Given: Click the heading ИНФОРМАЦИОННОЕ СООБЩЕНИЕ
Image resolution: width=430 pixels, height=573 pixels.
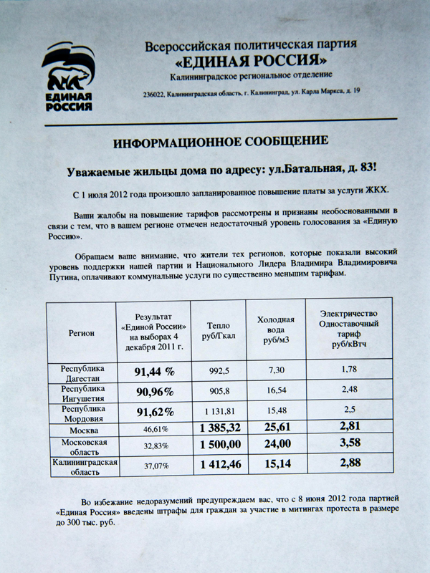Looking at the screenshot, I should pyautogui.click(x=220, y=141).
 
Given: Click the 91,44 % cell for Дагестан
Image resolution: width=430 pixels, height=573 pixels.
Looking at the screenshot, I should pyautogui.click(x=155, y=372).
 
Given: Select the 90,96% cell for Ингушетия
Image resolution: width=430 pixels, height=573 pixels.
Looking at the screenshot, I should pyautogui.click(x=155, y=392).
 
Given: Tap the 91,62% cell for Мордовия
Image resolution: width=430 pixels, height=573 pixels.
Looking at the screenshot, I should pyautogui.click(x=155, y=412).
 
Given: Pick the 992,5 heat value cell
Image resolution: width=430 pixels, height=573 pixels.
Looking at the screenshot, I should pyautogui.click(x=219, y=371).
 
